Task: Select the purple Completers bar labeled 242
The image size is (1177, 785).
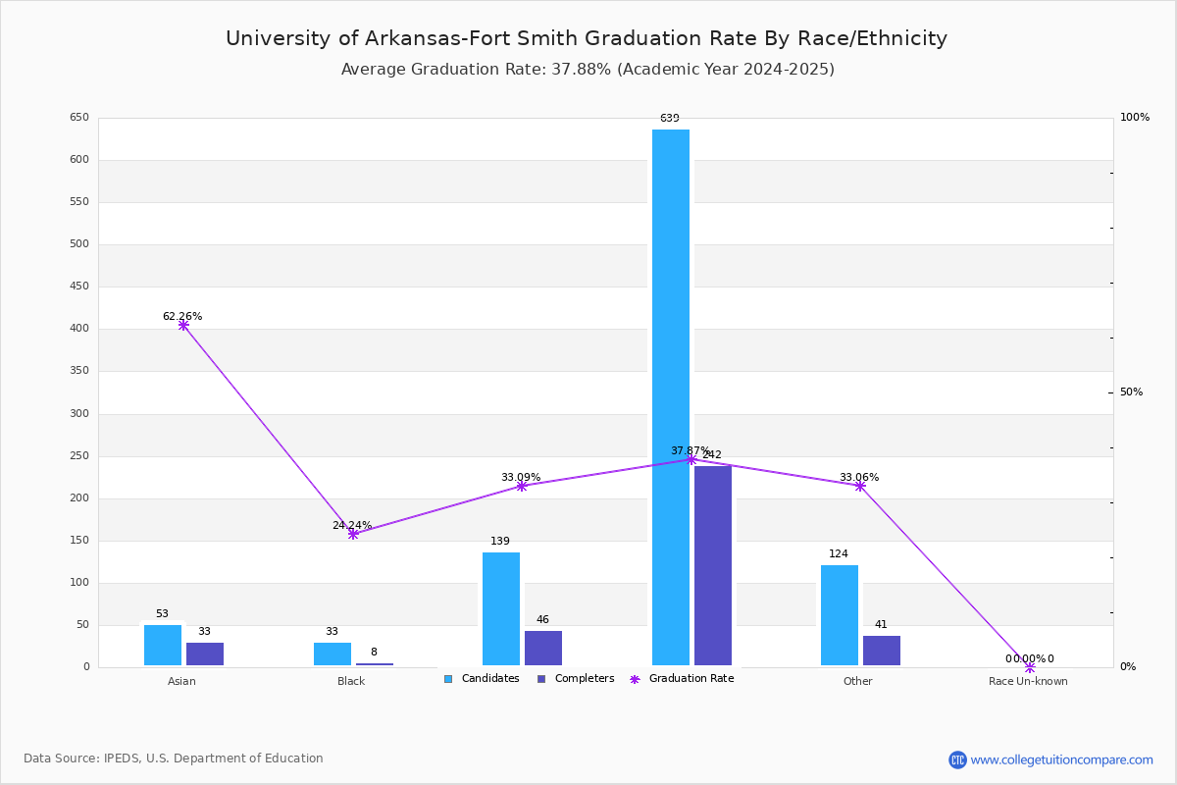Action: pyautogui.click(x=713, y=565)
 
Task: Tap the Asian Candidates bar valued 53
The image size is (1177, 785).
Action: pyautogui.click(x=163, y=645)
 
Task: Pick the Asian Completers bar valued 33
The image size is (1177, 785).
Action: pyautogui.click(x=205, y=654)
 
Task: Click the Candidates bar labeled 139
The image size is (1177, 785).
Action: pyautogui.click(x=501, y=608)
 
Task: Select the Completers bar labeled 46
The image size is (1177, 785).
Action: pyautogui.click(x=543, y=648)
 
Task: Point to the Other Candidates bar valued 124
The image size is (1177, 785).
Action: pyautogui.click(x=840, y=615)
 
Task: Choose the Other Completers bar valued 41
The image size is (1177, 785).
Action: pyautogui.click(x=882, y=650)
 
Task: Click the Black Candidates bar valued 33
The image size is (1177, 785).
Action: pyautogui.click(x=333, y=654)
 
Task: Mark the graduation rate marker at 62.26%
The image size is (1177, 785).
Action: pyautogui.click(x=183, y=325)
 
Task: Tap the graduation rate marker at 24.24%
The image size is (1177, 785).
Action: pyautogui.click(x=353, y=534)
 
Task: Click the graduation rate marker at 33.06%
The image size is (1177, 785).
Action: pyautogui.click(x=860, y=486)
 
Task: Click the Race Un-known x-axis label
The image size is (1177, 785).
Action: pyautogui.click(x=1028, y=682)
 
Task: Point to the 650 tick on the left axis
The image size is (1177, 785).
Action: pyautogui.click(x=79, y=118)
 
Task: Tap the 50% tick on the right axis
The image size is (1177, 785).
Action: pyautogui.click(x=1131, y=392)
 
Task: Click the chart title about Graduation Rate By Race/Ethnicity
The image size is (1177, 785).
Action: pyautogui.click(x=587, y=39)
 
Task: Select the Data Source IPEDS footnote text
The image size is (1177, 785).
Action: pyautogui.click(x=174, y=759)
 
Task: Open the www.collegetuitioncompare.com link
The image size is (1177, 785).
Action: pyautogui.click(x=1061, y=759)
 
